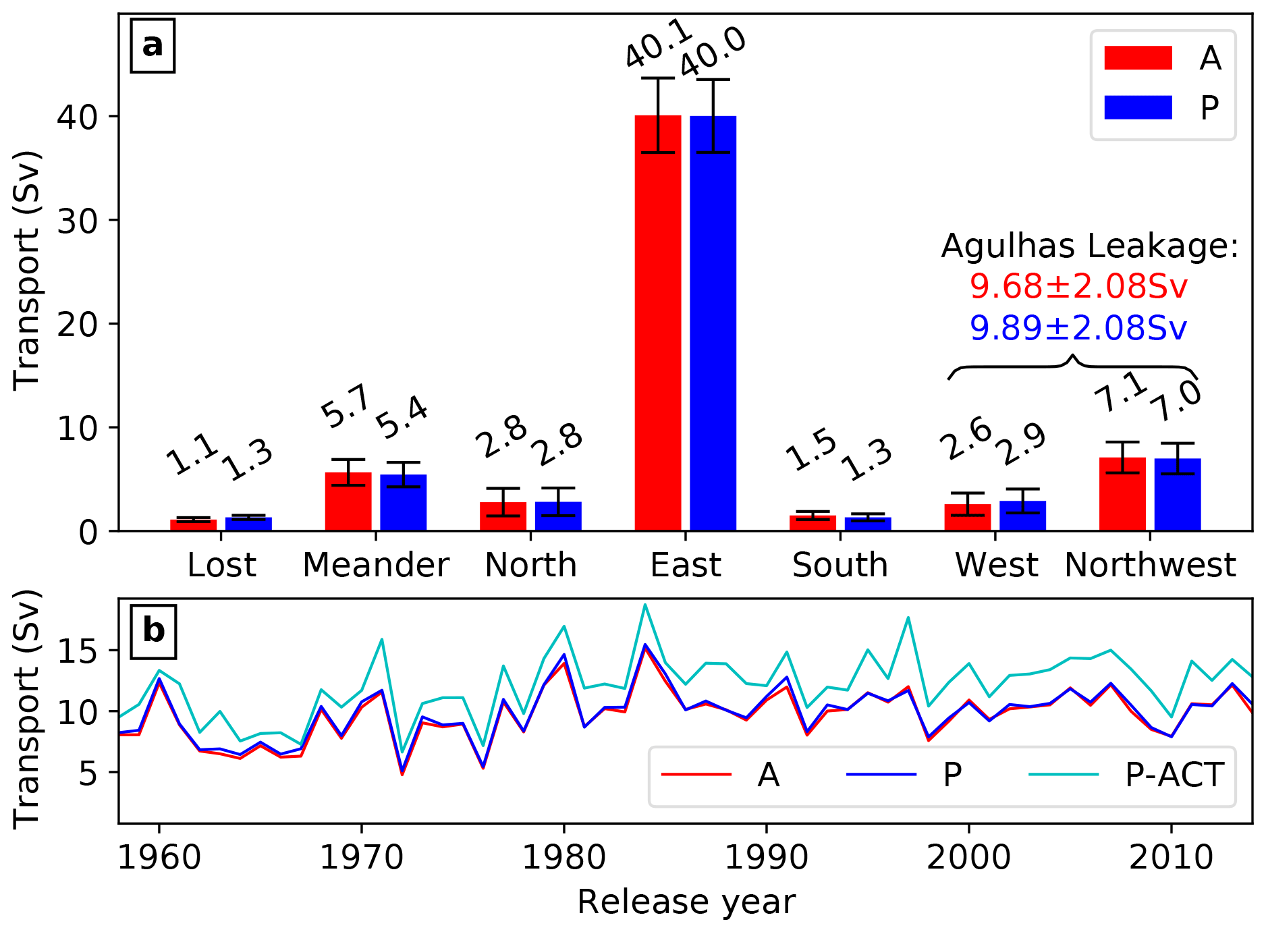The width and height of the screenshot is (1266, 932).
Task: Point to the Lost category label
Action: [221, 565]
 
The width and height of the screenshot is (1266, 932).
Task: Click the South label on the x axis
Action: [840, 565]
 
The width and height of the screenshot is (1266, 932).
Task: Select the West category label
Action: [996, 565]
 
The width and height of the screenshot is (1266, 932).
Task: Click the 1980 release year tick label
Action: [563, 858]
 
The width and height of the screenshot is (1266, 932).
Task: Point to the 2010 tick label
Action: [1171, 858]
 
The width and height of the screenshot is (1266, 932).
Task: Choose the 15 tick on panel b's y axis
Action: [88, 651]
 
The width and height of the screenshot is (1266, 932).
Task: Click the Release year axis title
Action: [686, 902]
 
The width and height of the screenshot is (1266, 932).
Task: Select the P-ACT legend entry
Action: [1174, 775]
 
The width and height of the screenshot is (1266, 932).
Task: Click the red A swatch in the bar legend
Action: [1138, 58]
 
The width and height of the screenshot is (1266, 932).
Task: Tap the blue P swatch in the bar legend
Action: [1138, 107]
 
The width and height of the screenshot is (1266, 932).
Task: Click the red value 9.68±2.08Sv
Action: [1078, 286]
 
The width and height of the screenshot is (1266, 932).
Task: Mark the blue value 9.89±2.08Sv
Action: [1078, 328]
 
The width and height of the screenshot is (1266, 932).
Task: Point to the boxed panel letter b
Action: [153, 631]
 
